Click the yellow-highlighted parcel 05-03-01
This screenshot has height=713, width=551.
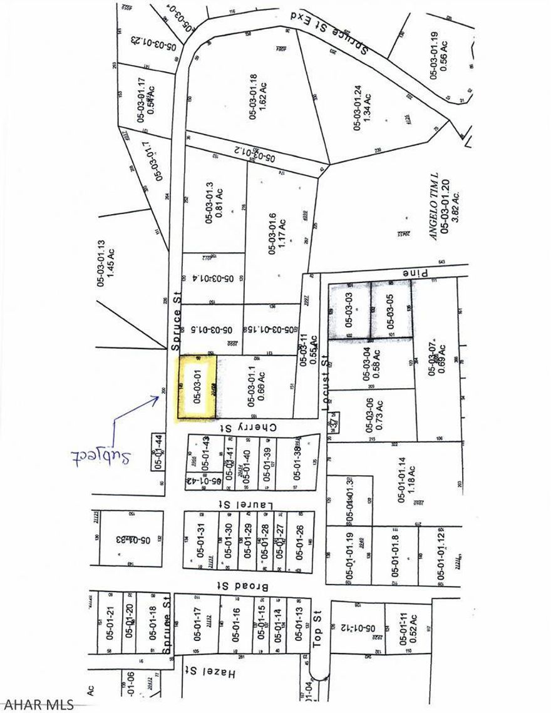click(198, 387)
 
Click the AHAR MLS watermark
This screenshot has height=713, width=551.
click(38, 704)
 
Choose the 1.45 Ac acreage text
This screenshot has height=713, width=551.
click(111, 265)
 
